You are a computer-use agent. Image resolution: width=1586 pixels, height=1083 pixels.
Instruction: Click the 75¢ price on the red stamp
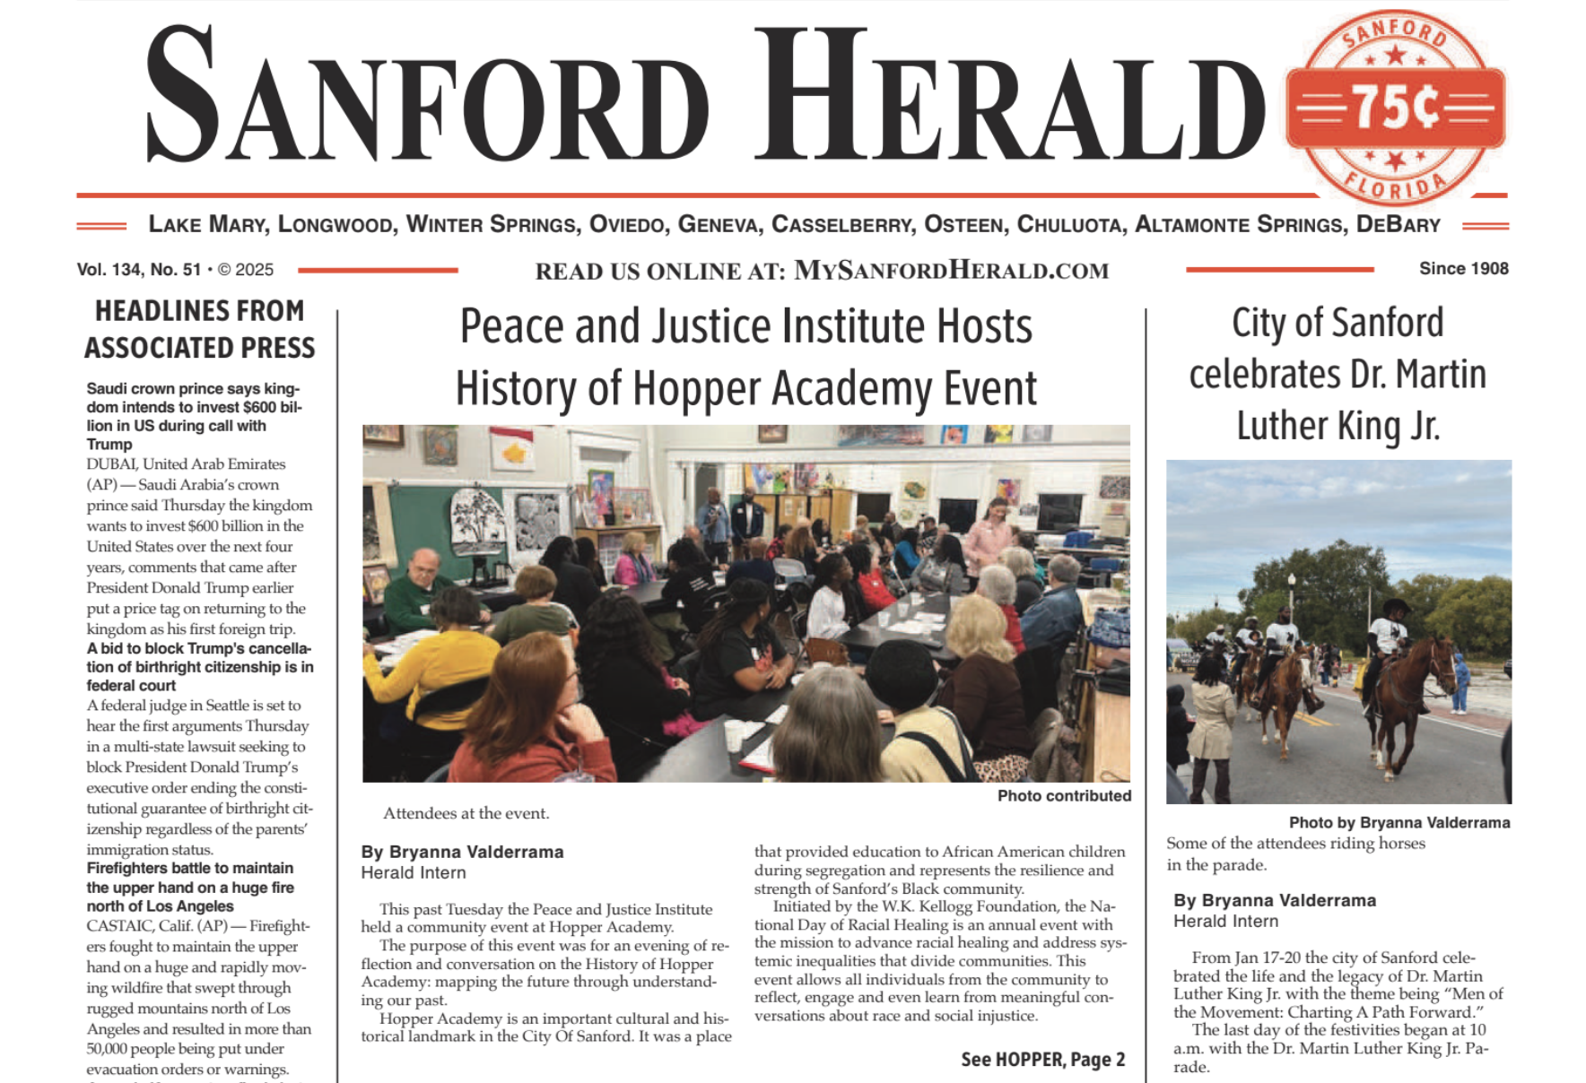(x=1395, y=108)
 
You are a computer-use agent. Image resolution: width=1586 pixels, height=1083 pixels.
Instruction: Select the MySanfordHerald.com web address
(x=951, y=270)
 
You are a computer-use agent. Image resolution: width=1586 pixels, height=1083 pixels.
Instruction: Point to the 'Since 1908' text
(x=1463, y=268)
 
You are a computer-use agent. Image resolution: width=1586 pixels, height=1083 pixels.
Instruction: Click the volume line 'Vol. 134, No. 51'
(x=139, y=269)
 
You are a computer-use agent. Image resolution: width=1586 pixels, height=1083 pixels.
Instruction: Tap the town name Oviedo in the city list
(x=626, y=224)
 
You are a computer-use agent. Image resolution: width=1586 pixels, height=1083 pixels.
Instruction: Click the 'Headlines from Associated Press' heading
(x=199, y=329)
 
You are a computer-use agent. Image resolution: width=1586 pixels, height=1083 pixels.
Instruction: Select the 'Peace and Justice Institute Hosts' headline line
(x=745, y=326)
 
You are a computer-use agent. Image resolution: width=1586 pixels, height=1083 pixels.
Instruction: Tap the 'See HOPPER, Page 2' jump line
(x=1042, y=1060)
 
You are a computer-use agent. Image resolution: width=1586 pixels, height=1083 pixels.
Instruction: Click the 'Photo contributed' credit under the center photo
(x=1064, y=795)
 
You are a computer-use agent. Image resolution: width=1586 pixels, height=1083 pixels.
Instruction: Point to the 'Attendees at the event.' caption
(x=466, y=813)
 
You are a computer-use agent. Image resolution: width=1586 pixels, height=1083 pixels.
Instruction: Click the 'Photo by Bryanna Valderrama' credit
(x=1399, y=822)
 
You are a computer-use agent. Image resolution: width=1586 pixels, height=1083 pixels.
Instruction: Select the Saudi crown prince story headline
(x=194, y=416)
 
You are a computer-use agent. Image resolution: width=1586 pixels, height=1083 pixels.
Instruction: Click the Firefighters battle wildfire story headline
(x=190, y=887)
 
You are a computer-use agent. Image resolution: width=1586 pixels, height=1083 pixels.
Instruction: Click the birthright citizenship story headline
(x=199, y=667)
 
